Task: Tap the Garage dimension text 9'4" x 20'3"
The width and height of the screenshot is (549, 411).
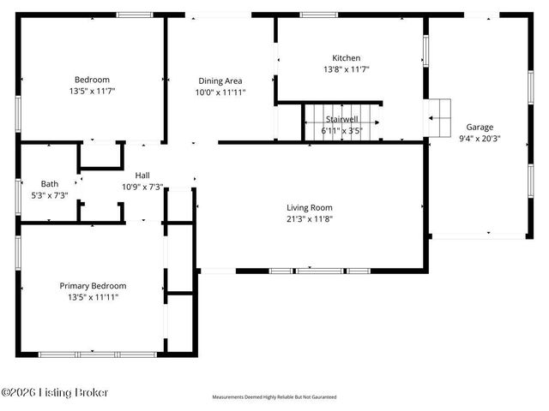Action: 480,137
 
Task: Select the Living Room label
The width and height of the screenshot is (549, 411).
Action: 309,207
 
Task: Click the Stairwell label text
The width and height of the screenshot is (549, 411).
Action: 340,120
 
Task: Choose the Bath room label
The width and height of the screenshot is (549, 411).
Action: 50,183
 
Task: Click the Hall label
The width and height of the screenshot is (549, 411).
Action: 142,175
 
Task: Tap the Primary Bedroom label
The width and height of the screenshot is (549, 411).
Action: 93,286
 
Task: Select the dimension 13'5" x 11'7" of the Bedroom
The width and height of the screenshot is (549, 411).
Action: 92,90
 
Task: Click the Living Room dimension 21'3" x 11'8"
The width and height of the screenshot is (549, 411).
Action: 309,218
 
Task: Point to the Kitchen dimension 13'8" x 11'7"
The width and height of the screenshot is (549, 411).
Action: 347,69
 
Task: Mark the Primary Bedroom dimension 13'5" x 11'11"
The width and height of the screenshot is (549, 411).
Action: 93,297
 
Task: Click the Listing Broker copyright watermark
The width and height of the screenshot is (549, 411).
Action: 56,393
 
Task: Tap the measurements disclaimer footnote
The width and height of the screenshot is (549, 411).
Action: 274,397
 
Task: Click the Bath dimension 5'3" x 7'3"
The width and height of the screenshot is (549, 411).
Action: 50,194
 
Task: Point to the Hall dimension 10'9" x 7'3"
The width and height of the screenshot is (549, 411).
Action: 142,186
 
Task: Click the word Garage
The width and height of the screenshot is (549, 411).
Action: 480,126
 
